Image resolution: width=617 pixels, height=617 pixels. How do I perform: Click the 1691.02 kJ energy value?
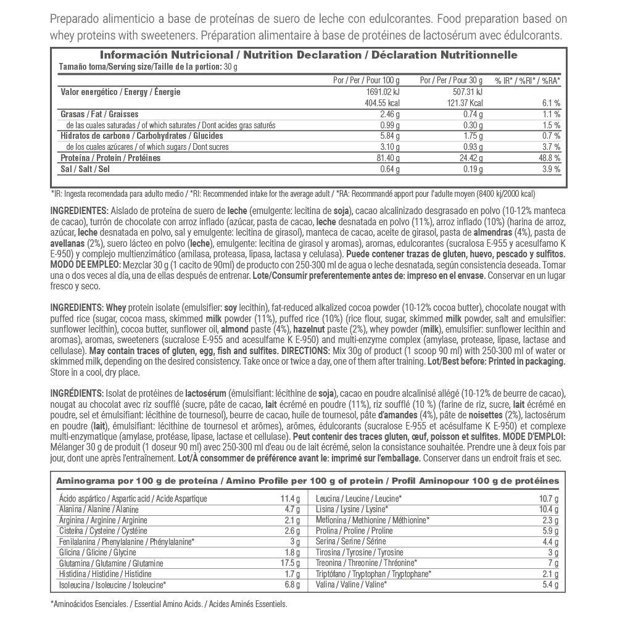tap(380, 92)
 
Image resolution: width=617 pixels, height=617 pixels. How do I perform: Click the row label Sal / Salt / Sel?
tap(85, 169)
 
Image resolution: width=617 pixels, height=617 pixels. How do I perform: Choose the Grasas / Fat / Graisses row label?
tap(99, 114)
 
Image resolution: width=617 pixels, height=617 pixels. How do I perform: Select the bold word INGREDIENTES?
tap(79, 210)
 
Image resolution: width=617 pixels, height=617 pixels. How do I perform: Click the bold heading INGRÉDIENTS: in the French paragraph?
tap(77, 393)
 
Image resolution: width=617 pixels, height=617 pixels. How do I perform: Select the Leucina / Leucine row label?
tap(358, 499)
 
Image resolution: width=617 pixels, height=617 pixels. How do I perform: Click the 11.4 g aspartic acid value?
tap(289, 499)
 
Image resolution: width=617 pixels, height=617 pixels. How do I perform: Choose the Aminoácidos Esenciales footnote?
tap(168, 605)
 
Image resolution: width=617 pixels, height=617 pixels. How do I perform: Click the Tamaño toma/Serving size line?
tap(148, 67)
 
